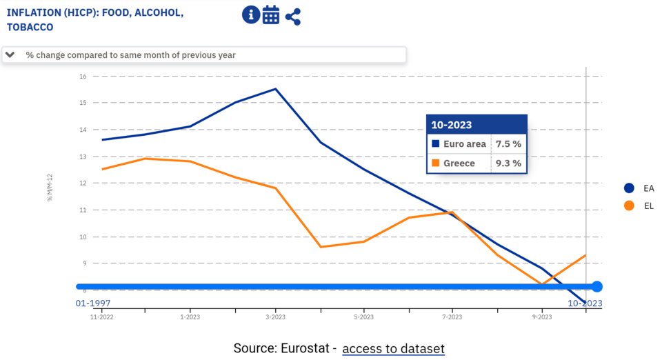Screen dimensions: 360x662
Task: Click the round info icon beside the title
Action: [x=251, y=15]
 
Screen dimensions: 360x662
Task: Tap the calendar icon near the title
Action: [x=271, y=15]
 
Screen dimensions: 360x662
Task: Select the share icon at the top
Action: [x=293, y=16]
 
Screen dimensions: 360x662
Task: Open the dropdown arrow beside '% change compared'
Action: [x=10, y=54]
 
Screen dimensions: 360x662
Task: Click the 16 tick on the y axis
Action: [x=82, y=76]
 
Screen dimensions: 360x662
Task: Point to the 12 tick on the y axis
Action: [x=82, y=183]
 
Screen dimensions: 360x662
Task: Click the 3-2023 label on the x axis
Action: [x=276, y=317]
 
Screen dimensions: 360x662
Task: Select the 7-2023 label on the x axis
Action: [x=452, y=317]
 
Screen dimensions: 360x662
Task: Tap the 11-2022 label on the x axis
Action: [x=101, y=317]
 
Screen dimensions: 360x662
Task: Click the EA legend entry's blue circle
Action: [x=628, y=188]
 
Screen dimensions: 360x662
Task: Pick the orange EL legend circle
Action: [x=628, y=206]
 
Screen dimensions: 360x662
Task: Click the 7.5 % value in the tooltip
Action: [x=508, y=144]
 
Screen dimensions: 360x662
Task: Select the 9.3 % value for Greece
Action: [x=508, y=163]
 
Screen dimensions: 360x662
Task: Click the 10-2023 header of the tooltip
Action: [x=452, y=125]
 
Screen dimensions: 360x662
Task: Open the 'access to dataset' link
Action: [x=393, y=348]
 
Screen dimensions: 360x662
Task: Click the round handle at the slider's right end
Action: [x=597, y=287]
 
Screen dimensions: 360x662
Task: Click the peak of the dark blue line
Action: [x=276, y=89]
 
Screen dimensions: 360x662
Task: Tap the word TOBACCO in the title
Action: [x=30, y=28]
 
